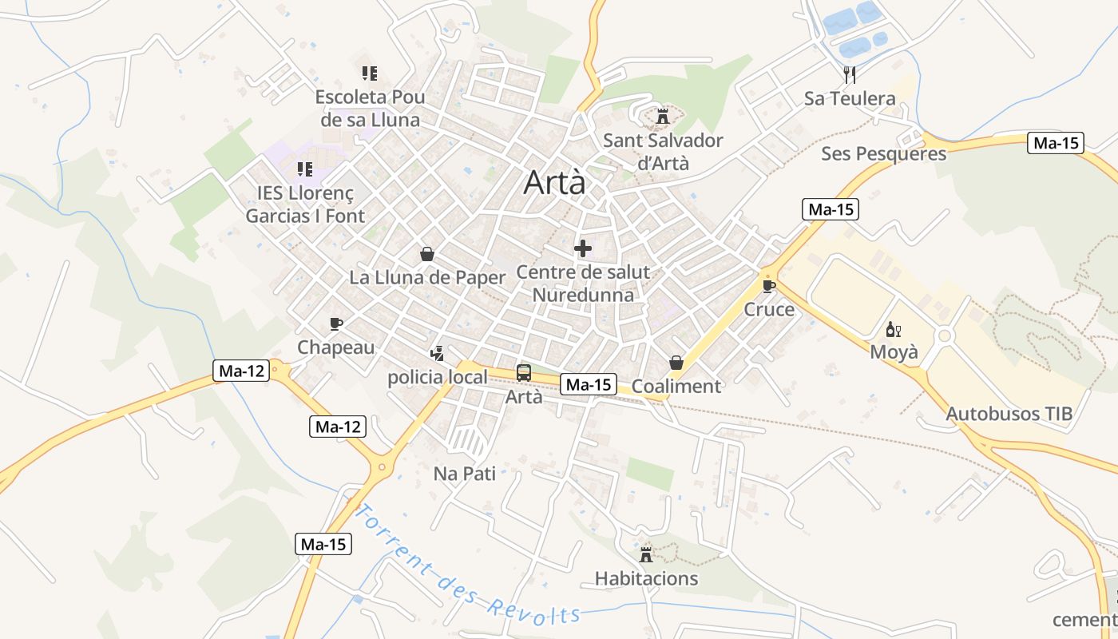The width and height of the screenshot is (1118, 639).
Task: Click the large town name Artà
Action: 554,183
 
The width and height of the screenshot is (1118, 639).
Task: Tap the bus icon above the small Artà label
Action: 524,372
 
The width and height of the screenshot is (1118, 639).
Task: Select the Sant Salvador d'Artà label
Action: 663,152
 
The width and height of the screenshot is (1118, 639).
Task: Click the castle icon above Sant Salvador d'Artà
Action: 662,117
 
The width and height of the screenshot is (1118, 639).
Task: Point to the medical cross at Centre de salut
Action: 583,248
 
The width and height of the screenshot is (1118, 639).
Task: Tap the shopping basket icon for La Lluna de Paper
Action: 427,254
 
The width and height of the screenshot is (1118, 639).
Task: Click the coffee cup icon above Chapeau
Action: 336,323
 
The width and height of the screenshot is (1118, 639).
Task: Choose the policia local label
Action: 437,377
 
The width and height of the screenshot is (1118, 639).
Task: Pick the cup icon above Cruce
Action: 769,286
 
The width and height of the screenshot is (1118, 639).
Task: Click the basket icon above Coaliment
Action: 676,363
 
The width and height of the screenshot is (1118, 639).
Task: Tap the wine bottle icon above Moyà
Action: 894,329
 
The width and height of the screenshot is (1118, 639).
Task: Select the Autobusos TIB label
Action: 1009,414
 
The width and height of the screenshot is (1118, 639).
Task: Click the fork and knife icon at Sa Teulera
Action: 850,74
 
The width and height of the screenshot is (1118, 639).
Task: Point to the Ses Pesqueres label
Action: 883,153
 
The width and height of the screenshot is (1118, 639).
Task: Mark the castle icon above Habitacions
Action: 646,554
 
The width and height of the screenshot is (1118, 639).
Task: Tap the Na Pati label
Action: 464,474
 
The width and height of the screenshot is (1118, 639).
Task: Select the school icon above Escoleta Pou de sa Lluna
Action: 369,73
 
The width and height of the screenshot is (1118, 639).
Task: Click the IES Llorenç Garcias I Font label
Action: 305,204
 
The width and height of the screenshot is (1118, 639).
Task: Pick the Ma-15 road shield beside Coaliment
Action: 589,384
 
